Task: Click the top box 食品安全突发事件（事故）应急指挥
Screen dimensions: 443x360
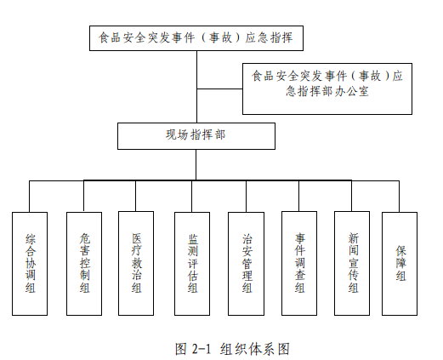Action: click(x=196, y=38)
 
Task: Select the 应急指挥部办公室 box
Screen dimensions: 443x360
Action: click(x=327, y=89)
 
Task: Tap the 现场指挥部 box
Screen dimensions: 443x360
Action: click(x=196, y=136)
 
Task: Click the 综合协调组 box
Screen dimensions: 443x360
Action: click(x=30, y=264)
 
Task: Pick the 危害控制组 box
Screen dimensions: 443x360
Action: click(x=84, y=264)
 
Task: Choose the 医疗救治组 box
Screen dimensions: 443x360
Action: click(x=136, y=263)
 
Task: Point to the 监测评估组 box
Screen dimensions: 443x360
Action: click(x=192, y=264)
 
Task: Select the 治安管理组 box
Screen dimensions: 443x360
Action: click(x=246, y=264)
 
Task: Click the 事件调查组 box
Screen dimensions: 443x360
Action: click(x=299, y=263)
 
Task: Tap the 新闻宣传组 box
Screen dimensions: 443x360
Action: click(x=352, y=263)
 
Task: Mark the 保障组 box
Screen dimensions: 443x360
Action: click(x=400, y=264)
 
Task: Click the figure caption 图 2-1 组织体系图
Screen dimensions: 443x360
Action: click(x=232, y=349)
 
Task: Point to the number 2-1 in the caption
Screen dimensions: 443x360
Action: click(x=202, y=349)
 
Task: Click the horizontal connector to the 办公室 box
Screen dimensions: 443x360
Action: click(x=219, y=89)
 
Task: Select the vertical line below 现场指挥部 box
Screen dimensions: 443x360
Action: click(x=196, y=165)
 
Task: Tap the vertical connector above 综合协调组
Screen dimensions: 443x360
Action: click(x=29, y=197)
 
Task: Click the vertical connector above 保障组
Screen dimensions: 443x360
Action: click(x=399, y=197)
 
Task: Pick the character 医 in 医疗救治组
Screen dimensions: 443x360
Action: click(x=136, y=238)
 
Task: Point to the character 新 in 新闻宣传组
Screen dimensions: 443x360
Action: click(x=354, y=238)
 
